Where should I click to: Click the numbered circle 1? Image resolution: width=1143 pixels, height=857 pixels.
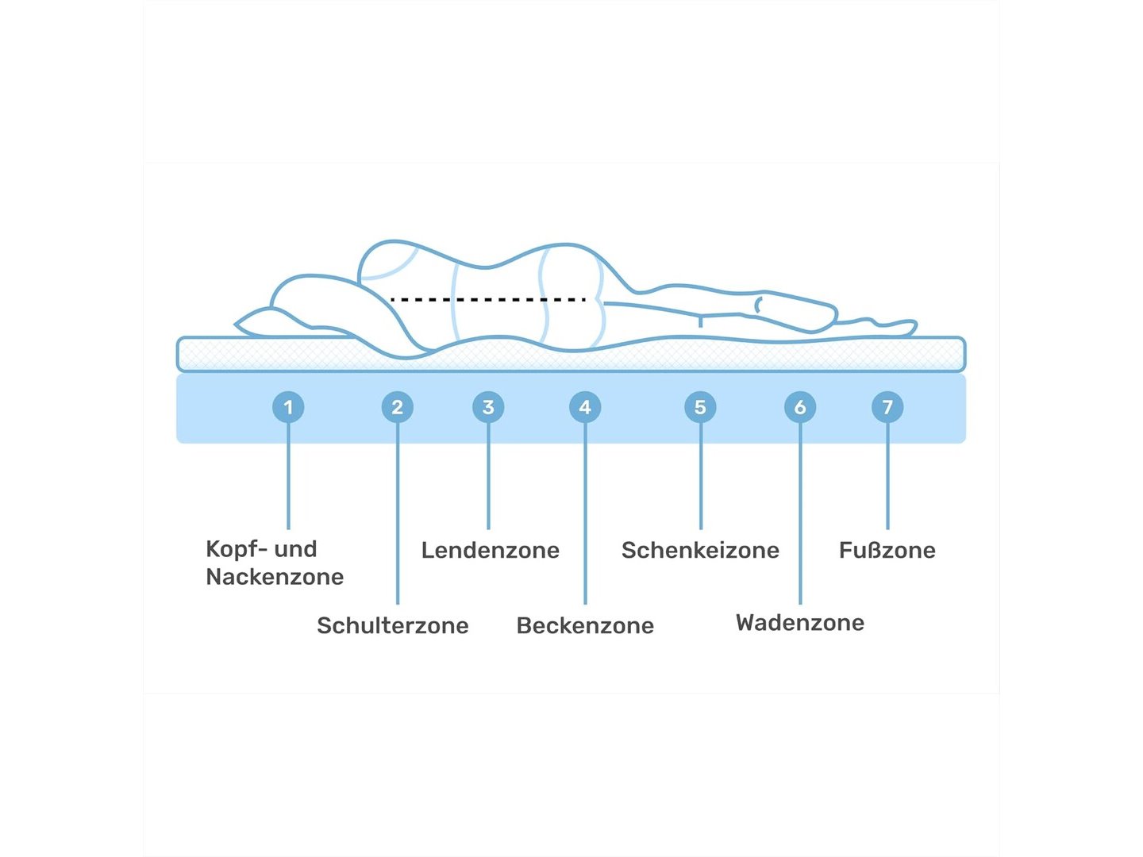click(288, 407)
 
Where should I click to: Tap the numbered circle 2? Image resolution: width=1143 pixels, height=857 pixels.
click(397, 407)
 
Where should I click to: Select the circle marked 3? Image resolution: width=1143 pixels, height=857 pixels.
click(488, 407)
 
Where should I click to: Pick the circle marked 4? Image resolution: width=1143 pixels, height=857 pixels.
click(585, 407)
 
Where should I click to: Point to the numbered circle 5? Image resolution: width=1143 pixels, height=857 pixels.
click(700, 407)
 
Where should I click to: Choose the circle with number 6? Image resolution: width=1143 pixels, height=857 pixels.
click(800, 407)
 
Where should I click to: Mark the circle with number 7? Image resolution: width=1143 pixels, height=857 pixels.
click(887, 407)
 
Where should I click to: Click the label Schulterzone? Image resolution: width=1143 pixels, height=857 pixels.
click(393, 625)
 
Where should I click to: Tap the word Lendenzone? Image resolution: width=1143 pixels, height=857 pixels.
click(491, 550)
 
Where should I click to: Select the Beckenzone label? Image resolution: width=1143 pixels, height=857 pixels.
click(585, 625)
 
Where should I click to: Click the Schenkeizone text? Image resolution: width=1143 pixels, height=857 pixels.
click(700, 550)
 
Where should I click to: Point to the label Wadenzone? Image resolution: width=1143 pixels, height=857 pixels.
click(800, 622)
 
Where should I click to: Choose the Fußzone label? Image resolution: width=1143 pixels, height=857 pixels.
click(887, 550)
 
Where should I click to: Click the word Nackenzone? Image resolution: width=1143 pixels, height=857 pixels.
click(275, 577)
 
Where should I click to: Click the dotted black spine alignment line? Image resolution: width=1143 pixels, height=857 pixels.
click(488, 300)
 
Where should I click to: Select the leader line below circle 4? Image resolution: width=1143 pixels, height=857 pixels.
click(585, 516)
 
